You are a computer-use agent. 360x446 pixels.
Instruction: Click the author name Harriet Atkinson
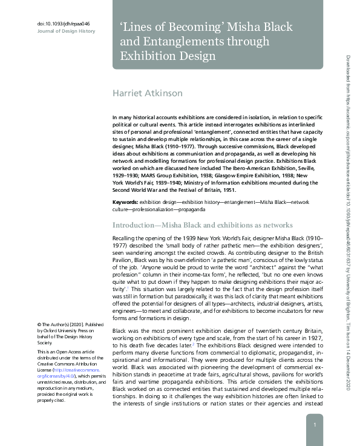(x=149, y=93)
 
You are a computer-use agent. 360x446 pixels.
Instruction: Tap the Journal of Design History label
(x=67, y=30)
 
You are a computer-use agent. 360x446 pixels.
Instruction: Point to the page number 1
(x=315, y=425)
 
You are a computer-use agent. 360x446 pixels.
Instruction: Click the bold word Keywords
(x=125, y=201)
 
